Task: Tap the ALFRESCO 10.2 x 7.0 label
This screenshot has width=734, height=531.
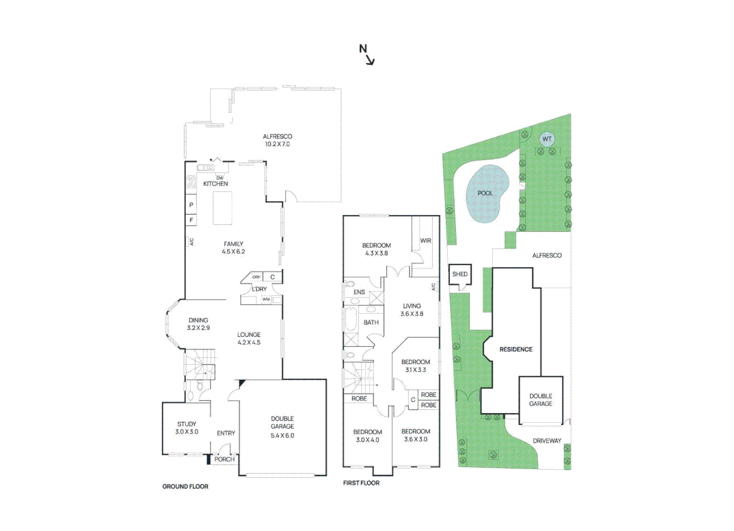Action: (x=277, y=140)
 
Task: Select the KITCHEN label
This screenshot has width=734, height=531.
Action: (x=216, y=184)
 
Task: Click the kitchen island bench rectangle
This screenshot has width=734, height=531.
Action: (x=222, y=207)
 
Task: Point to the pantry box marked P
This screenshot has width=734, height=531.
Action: (x=191, y=205)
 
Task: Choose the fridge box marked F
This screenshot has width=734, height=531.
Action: (x=191, y=220)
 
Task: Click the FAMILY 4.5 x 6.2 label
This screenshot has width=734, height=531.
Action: (x=233, y=247)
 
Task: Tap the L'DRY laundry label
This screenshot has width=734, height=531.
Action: (x=259, y=289)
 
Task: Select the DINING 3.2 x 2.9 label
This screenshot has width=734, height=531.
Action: (x=198, y=324)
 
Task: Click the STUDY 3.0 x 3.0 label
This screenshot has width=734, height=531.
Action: (x=187, y=428)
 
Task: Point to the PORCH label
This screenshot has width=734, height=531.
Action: (x=225, y=459)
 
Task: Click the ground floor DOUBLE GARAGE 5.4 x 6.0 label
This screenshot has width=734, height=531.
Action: (x=282, y=427)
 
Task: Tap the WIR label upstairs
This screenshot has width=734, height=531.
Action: (x=425, y=241)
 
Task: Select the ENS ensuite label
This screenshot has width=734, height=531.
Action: (x=359, y=292)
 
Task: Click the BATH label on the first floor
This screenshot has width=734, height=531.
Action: (x=371, y=323)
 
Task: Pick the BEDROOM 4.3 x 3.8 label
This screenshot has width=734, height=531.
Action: (x=376, y=249)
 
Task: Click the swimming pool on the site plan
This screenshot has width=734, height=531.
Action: (x=486, y=193)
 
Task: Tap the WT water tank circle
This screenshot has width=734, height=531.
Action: (x=547, y=139)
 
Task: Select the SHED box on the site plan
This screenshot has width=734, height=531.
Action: (x=460, y=274)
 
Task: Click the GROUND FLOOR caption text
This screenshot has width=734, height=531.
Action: (x=185, y=487)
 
